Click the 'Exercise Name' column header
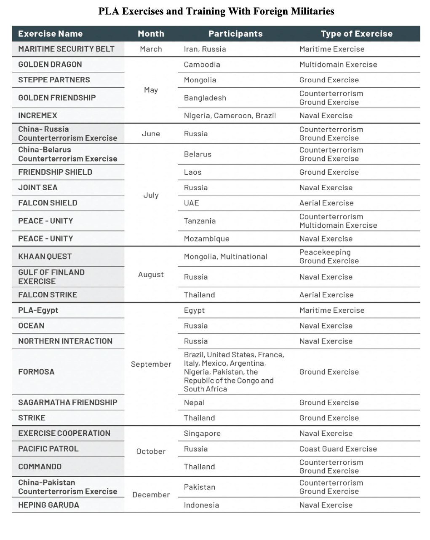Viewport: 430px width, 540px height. pyautogui.click(x=50, y=34)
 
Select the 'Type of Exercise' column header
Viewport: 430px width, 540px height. pyautogui.click(x=356, y=34)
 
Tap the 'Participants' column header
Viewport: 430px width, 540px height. pyautogui.click(x=235, y=34)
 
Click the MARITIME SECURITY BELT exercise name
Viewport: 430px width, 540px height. pyautogui.click(x=66, y=49)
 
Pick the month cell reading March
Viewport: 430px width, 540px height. pyautogui.click(x=151, y=49)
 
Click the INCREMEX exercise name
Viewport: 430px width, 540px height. pyautogui.click(x=37, y=116)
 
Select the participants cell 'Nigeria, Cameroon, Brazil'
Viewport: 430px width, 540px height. pyautogui.click(x=230, y=116)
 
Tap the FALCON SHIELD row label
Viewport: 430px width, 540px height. pyautogui.click(x=48, y=203)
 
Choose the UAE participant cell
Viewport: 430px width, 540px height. pyautogui.click(x=191, y=203)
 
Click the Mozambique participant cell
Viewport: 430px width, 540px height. pyautogui.click(x=206, y=239)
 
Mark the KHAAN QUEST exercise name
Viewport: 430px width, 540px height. pyautogui.click(x=45, y=256)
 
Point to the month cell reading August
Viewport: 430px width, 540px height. pyautogui.click(x=151, y=275)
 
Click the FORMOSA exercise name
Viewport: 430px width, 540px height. pyautogui.click(x=36, y=372)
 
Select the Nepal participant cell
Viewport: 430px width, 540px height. pyautogui.click(x=194, y=402)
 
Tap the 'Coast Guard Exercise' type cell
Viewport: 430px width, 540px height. pyautogui.click(x=338, y=449)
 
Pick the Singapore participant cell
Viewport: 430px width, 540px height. pyautogui.click(x=202, y=433)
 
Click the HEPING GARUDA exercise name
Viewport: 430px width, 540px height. pyautogui.click(x=48, y=505)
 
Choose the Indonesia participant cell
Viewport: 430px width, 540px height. pyautogui.click(x=201, y=505)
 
